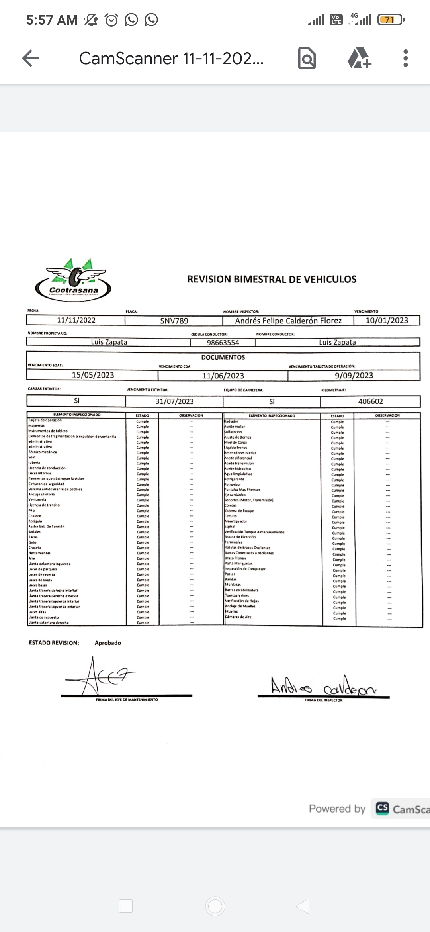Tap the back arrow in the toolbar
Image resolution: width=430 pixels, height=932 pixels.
[31, 58]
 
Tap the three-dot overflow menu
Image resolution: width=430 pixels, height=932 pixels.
[405, 58]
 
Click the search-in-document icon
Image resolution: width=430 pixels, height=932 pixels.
[307, 58]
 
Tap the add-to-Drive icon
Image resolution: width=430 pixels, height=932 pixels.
[359, 58]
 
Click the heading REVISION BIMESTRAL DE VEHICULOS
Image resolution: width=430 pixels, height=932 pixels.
[272, 279]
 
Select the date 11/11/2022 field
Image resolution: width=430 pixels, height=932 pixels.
[76, 320]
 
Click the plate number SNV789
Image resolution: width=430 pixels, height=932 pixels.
[174, 321]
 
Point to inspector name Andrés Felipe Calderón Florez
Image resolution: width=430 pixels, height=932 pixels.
[288, 321]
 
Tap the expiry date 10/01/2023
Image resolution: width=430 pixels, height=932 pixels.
[387, 320]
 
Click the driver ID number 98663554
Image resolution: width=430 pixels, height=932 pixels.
[223, 343]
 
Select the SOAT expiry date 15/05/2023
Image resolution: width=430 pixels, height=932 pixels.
[93, 375]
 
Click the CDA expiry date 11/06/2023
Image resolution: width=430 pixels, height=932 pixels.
[223, 376]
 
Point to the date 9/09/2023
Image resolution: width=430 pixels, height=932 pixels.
[354, 375]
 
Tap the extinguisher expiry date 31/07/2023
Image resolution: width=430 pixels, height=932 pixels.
[174, 401]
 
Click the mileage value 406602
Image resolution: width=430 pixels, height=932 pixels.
[370, 401]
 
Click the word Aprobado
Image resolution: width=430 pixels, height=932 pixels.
[107, 643]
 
